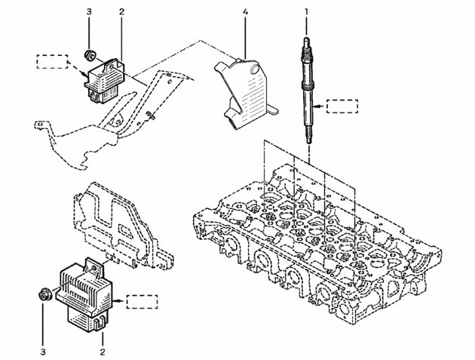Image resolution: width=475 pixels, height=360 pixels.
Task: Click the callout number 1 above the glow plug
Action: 306,12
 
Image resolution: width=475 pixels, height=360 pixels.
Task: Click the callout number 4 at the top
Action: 245,12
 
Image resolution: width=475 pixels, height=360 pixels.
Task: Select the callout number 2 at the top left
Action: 121,12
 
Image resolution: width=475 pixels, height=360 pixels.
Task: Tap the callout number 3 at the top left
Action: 89,12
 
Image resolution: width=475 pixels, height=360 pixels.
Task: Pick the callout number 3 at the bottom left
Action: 43,352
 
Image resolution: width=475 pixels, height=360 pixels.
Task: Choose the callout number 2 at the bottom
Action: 103,352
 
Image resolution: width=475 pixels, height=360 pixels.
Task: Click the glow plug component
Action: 308,91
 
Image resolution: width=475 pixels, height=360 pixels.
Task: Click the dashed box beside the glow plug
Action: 342,106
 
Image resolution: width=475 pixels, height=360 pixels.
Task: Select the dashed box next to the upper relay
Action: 53,62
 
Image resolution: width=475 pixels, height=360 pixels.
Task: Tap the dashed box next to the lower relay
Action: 142,302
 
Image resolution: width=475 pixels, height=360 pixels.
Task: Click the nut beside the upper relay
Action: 90,55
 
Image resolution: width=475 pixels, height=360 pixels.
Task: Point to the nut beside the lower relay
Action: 46,294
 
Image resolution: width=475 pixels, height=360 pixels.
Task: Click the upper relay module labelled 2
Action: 105,80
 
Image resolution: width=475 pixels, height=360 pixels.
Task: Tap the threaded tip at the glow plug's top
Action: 307,42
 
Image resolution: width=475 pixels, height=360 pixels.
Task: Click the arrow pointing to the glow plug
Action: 320,106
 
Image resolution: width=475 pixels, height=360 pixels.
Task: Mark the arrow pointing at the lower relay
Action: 120,301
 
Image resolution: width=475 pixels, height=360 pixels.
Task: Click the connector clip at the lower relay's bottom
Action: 100,324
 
